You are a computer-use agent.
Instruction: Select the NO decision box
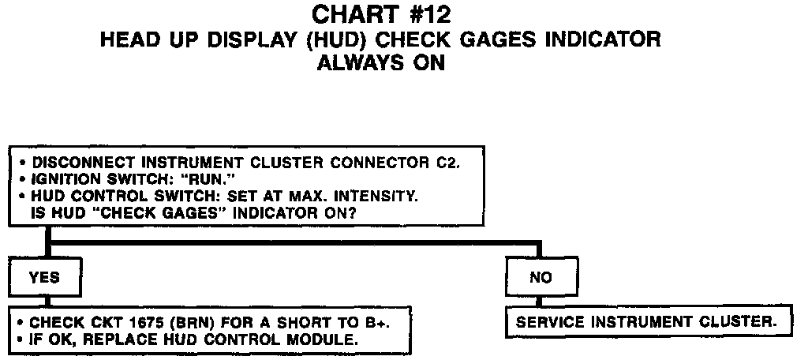[541, 278]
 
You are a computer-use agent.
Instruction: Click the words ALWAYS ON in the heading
[380, 63]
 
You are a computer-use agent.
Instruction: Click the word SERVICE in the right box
[548, 323]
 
